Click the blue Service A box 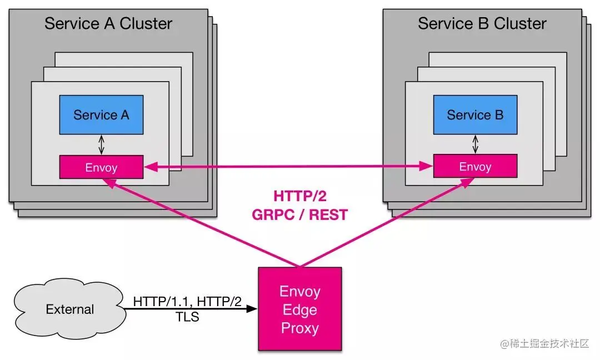click(101, 115)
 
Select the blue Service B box click(475, 115)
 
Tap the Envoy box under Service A click(101, 167)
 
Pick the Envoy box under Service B click(475, 166)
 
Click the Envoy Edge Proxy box click(299, 309)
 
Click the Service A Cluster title click(108, 24)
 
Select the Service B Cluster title click(482, 24)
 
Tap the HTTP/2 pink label click(299, 196)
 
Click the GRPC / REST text click(299, 215)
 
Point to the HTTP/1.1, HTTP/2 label click(187, 301)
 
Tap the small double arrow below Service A click(101, 145)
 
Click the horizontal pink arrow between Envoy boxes click(288, 165)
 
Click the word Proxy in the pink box click(299, 328)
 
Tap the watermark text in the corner click(544, 344)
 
